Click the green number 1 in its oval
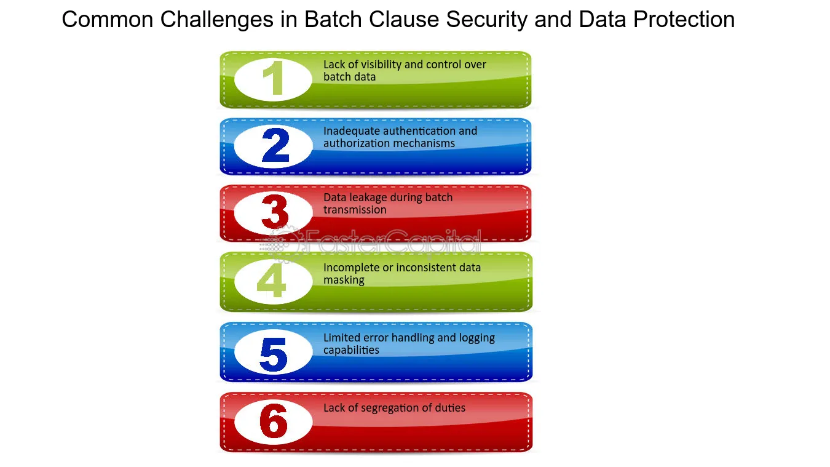pos(274,78)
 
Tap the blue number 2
pos(275,145)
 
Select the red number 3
pos(275,212)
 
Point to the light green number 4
pos(272,280)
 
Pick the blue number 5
pos(274,354)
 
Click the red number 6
pos(274,421)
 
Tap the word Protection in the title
pos(684,19)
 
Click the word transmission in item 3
pos(355,210)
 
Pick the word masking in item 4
pos(344,281)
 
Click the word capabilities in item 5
pos(351,350)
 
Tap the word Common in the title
pos(108,19)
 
